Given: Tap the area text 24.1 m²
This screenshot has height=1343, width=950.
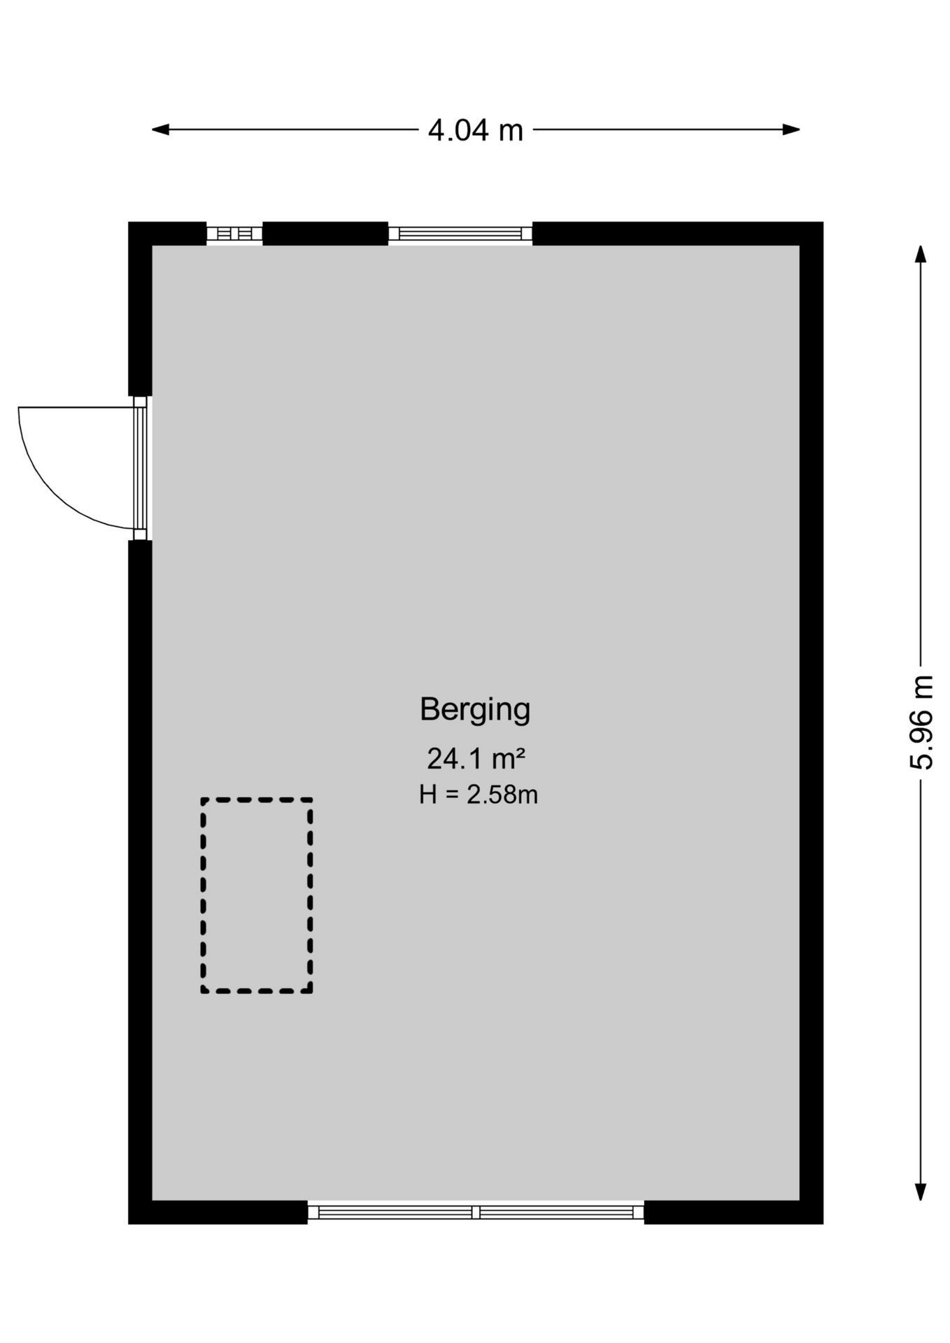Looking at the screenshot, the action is [x=476, y=758].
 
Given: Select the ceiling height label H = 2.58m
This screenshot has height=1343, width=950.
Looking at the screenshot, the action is [x=478, y=795].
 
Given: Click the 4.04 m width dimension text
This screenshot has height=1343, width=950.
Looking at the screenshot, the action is [x=476, y=130].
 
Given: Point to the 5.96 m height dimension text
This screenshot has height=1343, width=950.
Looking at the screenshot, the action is [x=921, y=722].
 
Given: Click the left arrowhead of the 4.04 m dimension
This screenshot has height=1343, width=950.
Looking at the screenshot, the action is [x=160, y=129].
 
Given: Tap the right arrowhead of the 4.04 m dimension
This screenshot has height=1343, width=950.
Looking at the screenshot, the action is [x=791, y=129].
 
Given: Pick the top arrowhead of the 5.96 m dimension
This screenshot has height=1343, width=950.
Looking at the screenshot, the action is [x=921, y=254].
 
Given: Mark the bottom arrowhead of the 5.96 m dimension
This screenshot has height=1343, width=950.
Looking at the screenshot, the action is [x=921, y=1192].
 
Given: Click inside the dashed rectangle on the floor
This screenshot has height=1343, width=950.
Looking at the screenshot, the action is [x=257, y=895].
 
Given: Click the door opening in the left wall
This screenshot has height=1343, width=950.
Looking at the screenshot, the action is [x=141, y=468].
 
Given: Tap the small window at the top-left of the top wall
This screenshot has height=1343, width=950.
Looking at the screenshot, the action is [x=234, y=234].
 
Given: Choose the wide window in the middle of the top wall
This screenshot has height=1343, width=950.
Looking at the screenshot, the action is [x=460, y=234].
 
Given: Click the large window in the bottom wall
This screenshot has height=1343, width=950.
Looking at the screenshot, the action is [x=476, y=1212].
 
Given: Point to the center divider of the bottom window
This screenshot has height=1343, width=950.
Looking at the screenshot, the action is [x=476, y=1212].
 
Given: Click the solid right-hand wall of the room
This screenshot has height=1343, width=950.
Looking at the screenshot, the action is [x=811, y=723].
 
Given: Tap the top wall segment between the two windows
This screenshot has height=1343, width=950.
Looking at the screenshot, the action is [x=325, y=234].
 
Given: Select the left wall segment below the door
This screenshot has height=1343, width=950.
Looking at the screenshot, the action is [x=141, y=881].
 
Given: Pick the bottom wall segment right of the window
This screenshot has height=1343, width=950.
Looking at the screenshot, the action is [x=733, y=1212].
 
